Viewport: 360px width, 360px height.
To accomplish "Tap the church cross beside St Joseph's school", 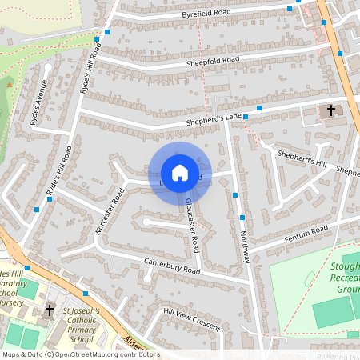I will [x=50, y=310].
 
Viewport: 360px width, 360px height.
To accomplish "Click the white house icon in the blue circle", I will [x=180, y=173].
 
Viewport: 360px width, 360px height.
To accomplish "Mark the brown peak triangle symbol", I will [x=10, y=83].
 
